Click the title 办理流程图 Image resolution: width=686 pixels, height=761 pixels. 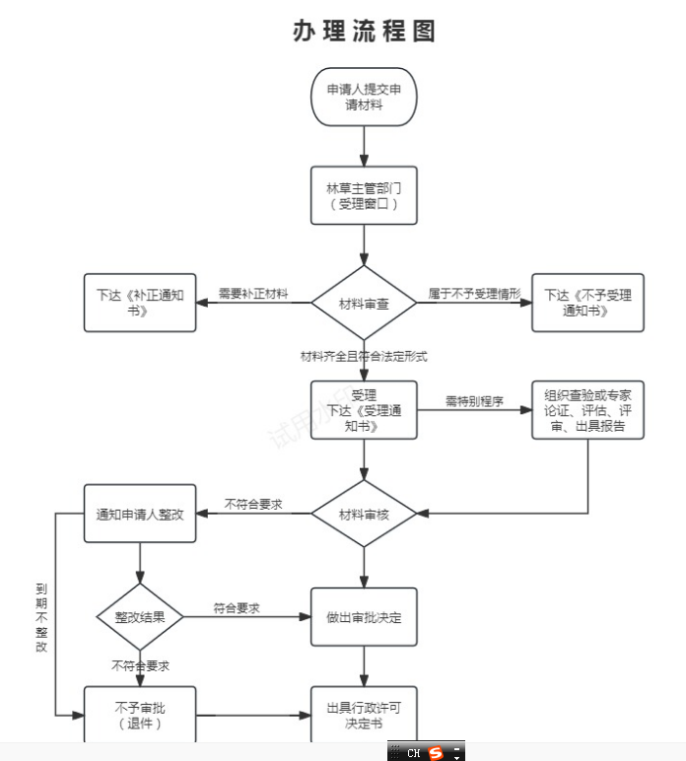point(364,32)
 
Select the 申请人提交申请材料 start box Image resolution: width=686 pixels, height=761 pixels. point(364,97)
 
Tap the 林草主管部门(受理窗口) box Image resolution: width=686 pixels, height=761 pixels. point(364,195)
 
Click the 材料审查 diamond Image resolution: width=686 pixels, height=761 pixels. point(364,303)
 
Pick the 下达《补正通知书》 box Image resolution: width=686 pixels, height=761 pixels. point(140,303)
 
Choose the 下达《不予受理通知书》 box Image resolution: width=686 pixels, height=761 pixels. point(587,303)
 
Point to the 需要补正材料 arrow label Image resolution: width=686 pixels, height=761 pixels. point(253,294)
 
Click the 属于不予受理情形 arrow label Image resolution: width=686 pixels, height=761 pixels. point(474,294)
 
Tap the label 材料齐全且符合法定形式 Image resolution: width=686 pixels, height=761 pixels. point(364,355)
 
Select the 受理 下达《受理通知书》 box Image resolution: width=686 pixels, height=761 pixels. point(364,410)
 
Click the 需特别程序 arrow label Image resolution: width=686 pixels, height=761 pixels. point(474,401)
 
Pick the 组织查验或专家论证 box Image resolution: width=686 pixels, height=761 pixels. point(587,410)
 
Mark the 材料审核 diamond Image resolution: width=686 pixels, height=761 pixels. point(364,514)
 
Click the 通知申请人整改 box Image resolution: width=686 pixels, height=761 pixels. point(140,514)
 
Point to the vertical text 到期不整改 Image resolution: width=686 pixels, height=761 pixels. point(41,617)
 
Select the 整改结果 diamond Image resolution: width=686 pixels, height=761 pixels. point(140,617)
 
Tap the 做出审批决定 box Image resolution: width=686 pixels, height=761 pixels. point(364,617)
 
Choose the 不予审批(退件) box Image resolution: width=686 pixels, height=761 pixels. point(140,715)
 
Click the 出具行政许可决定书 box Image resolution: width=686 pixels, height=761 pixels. point(364,715)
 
